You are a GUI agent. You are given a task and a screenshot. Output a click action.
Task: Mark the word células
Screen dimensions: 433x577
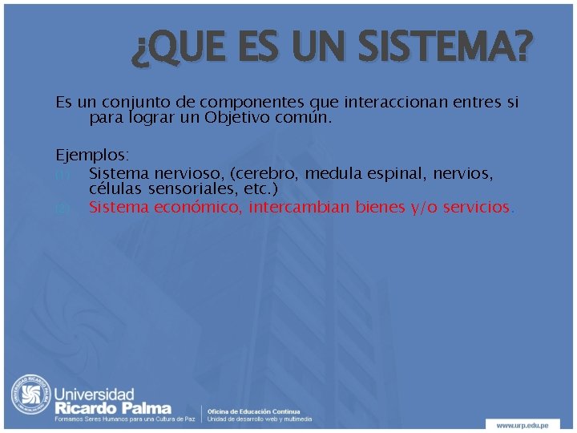pyautogui.click(x=113, y=188)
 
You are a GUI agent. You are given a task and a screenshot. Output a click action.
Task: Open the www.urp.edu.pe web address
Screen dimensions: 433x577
pyautogui.click(x=526, y=424)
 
